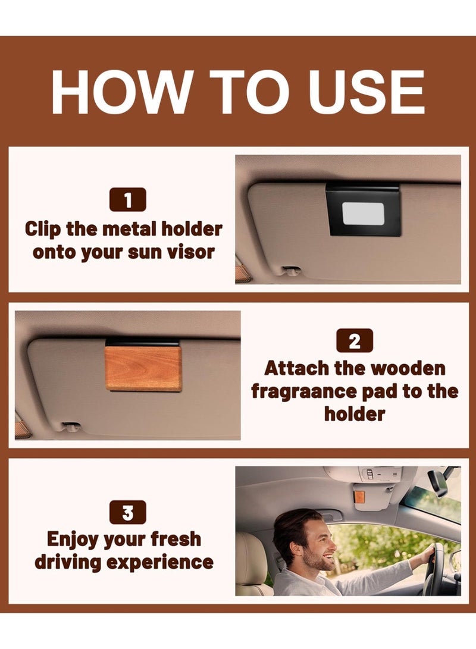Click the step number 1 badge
127,199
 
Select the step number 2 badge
355,341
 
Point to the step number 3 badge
127,512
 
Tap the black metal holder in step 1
364,210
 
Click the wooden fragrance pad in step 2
143,368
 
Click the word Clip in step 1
43,230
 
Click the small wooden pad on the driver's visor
360,498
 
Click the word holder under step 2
355,414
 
